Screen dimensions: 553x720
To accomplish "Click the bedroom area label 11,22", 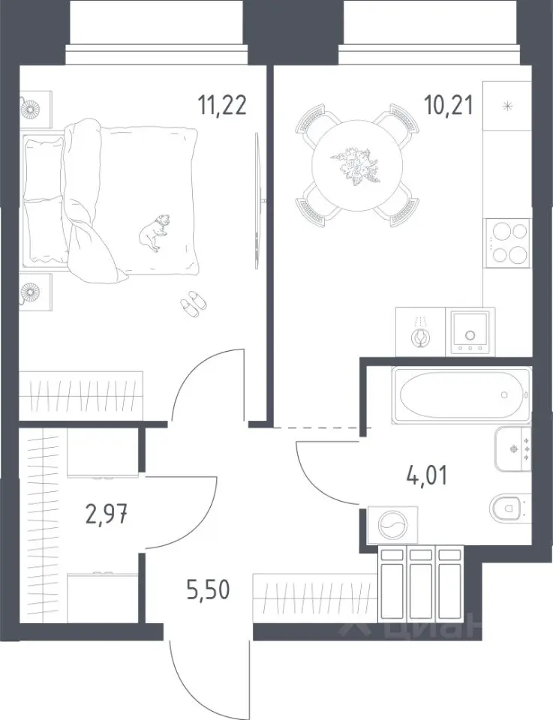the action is click(222, 105).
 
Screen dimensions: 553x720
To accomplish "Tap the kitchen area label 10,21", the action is click(448, 106).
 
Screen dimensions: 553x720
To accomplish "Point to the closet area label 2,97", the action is click(106, 515).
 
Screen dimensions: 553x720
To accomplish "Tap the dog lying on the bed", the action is click(155, 232).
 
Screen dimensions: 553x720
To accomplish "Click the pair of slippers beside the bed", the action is click(194, 304).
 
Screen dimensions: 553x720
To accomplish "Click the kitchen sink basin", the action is click(470, 331).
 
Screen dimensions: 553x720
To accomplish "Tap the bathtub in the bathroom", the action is click(461, 394).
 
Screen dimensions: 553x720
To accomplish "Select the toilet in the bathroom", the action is click(510, 508).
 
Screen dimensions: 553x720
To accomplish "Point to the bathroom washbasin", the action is click(513, 448).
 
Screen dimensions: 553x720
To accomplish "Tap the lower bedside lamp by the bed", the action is click(32, 292).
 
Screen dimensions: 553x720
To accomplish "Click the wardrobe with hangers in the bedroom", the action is click(81, 395).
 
